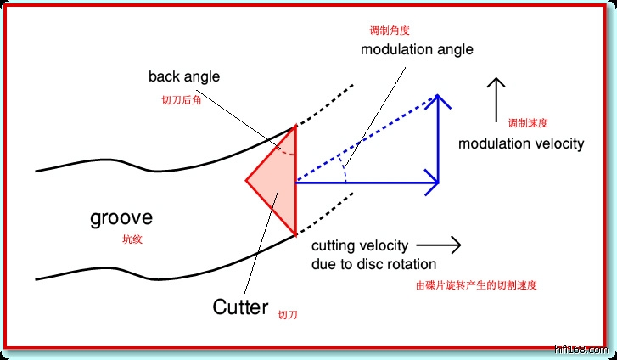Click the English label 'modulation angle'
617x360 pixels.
(x=417, y=49)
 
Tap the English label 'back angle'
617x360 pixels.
(x=183, y=76)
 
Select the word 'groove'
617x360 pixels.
(x=121, y=218)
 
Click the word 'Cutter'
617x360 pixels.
(x=240, y=307)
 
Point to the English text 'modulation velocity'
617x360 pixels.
(x=521, y=143)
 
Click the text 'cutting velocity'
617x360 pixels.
(x=360, y=246)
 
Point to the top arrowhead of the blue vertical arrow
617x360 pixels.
(x=439, y=100)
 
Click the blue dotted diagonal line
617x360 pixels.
(x=365, y=143)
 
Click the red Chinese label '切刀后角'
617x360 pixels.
(x=182, y=99)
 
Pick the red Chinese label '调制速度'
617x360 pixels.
(x=529, y=121)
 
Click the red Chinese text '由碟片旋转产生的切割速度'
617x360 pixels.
(x=476, y=285)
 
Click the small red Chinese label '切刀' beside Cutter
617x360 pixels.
(x=288, y=314)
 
